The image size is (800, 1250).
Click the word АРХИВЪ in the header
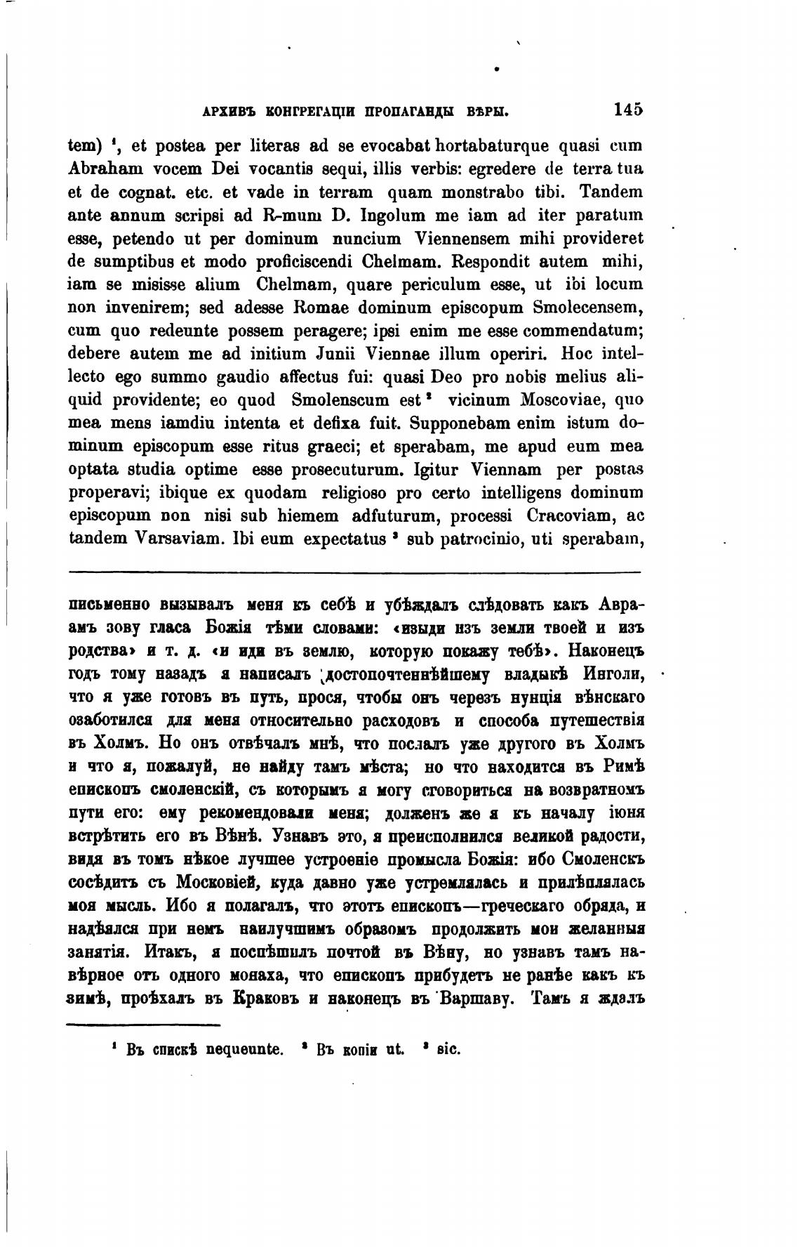click(215, 111)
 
